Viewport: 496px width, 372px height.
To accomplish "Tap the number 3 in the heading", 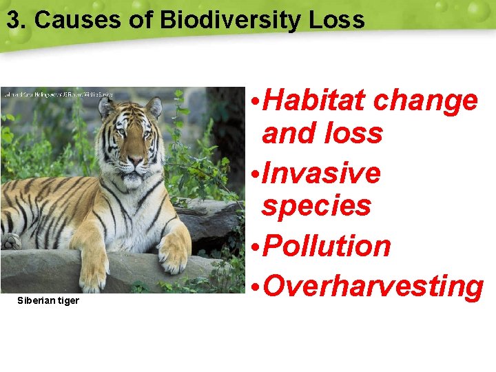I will pos(13,19).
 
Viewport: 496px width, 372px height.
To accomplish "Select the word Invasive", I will pos(321,173).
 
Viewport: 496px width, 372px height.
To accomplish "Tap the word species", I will pos(316,205).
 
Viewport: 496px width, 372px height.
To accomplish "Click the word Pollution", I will pos(327,247).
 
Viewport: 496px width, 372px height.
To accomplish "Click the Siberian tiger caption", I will pos(48,301).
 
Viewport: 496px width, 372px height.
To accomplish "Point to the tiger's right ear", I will pos(105,107).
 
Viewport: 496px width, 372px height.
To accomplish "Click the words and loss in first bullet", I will pos(322,133).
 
